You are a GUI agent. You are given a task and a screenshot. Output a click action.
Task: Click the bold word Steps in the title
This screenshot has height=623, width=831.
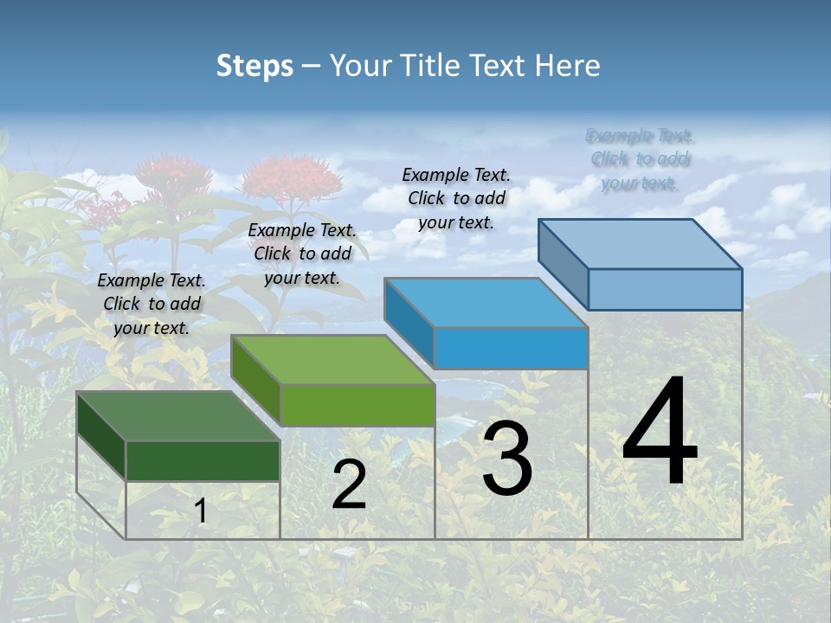(254, 66)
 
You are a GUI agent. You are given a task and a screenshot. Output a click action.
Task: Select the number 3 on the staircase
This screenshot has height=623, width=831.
(507, 459)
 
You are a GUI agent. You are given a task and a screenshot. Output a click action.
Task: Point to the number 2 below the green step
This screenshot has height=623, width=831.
(349, 485)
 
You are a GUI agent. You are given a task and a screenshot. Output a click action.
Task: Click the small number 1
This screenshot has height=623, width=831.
(201, 511)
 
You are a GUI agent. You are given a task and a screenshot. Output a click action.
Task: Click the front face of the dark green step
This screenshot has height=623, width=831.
(203, 460)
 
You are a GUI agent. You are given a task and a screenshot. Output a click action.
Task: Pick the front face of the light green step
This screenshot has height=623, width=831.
(358, 405)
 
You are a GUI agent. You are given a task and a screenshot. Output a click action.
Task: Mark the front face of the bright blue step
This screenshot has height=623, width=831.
(511, 348)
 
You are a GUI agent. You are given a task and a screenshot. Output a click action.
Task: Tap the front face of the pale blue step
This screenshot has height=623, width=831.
(665, 289)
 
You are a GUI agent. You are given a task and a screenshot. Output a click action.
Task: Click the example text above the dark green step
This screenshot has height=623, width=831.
(151, 304)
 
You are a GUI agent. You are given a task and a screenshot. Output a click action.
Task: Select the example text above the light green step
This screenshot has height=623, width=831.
(302, 254)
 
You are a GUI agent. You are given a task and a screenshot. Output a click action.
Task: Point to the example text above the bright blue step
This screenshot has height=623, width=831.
(456, 198)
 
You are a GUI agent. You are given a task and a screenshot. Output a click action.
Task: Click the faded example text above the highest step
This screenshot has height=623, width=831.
(640, 159)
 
